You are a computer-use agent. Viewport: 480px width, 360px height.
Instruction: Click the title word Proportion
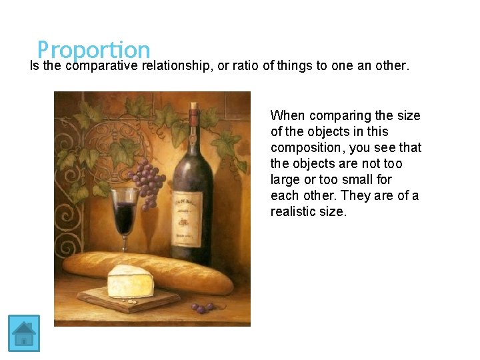93,50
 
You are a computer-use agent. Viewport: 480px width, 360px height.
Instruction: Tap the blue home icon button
24,333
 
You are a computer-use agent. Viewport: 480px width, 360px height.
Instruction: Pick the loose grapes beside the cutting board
201,307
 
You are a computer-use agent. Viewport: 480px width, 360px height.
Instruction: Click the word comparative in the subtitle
105,66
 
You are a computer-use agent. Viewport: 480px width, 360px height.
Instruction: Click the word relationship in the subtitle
178,66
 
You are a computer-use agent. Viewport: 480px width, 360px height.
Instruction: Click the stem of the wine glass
124,233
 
